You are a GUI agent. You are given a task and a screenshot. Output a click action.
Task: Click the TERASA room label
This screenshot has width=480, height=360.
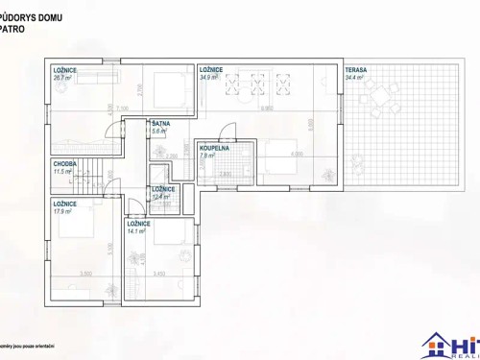coord(356,70)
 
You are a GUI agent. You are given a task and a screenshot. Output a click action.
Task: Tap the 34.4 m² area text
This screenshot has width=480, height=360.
coord(354,78)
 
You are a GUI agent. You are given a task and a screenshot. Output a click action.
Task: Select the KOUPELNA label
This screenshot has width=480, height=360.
coord(213,149)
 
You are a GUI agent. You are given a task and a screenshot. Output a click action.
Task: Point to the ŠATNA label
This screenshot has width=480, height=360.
coord(161,124)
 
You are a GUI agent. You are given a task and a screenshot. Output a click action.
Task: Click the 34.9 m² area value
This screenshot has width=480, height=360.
coord(208,78)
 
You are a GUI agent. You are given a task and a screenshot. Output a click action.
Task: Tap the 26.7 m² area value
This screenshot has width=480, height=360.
coord(62,78)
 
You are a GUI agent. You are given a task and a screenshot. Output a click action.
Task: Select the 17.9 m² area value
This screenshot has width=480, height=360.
coord(63,212)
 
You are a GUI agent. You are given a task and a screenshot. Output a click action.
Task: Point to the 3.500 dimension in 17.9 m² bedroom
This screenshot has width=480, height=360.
coord(85,275)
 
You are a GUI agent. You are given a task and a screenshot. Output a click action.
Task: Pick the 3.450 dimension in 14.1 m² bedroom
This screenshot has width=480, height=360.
coord(159,275)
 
